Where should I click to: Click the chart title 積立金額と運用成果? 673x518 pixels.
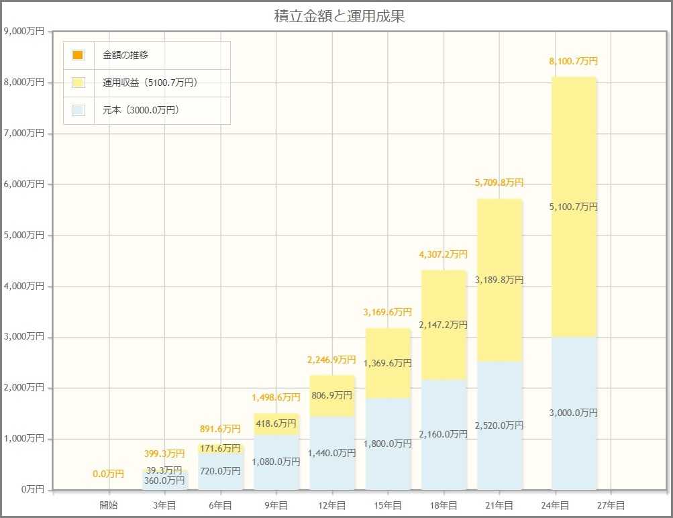340,17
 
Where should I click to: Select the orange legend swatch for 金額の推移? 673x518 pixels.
79,55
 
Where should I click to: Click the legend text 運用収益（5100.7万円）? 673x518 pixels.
150,83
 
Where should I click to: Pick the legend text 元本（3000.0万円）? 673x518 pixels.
140,111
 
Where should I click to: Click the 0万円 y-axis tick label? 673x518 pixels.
31,489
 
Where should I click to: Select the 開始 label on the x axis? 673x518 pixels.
109,505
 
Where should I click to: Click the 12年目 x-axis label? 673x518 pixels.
332,505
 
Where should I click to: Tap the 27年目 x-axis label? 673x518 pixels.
611,505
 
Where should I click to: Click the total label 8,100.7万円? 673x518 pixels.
573,61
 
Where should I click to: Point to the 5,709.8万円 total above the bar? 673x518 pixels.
499,183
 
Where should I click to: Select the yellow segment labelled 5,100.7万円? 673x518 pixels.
574,207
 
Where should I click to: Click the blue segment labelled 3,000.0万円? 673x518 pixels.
574,413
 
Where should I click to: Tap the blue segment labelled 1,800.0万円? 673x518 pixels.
388,444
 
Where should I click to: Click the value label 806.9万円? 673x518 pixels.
332,395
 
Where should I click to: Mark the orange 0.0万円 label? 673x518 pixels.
109,474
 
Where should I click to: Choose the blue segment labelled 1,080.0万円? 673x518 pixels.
276,462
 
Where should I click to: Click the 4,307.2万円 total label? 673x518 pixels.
444,254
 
